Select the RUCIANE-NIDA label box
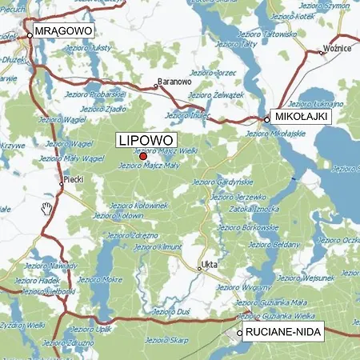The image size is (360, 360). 281,334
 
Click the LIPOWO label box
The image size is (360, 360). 146,140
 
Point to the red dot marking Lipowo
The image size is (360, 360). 143,156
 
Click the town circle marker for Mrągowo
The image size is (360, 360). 30,34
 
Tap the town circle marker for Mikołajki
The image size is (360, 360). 267,120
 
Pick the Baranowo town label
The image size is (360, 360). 174,81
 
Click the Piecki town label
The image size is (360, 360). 74,180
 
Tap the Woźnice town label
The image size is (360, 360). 337,49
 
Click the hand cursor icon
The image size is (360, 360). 47,210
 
